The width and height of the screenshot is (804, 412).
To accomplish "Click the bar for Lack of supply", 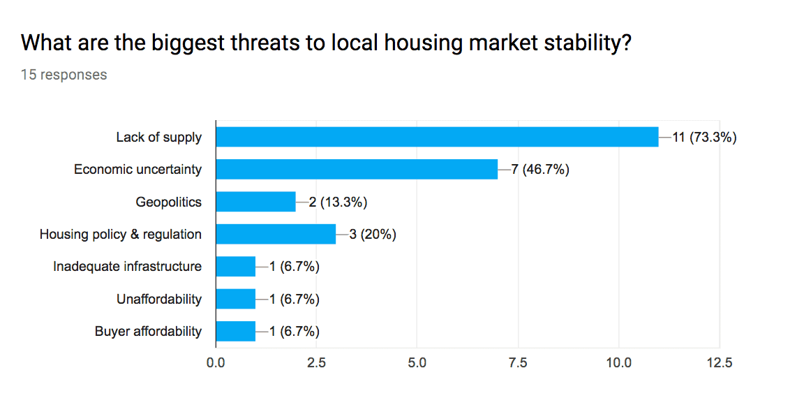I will [x=437, y=137].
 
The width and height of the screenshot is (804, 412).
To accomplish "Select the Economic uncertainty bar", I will [x=357, y=169].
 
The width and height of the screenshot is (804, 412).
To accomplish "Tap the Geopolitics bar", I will [x=255, y=202].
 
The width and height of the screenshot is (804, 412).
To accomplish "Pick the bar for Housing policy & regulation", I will [x=276, y=234].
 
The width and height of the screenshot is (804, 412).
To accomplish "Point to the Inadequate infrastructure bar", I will [x=236, y=266].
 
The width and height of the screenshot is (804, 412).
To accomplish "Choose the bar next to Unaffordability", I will [x=236, y=299].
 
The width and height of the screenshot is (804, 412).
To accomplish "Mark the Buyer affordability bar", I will [x=236, y=331].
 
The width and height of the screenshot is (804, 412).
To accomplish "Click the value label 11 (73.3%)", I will [x=705, y=137].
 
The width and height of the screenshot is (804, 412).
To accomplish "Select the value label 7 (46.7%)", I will [x=540, y=169].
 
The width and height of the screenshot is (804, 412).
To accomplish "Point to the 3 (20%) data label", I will [x=373, y=234].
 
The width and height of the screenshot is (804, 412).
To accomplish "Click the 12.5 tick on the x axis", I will [x=720, y=362].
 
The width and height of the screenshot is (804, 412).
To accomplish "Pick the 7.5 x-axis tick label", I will [x=518, y=362].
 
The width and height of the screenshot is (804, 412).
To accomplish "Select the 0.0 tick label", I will [x=216, y=362].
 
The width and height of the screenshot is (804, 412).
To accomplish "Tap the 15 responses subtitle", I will [x=64, y=75].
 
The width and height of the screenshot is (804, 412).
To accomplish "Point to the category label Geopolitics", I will [x=168, y=202].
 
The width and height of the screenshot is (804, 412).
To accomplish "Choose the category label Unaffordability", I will [x=159, y=299].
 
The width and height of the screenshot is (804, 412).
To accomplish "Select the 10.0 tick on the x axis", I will [x=618, y=362].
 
